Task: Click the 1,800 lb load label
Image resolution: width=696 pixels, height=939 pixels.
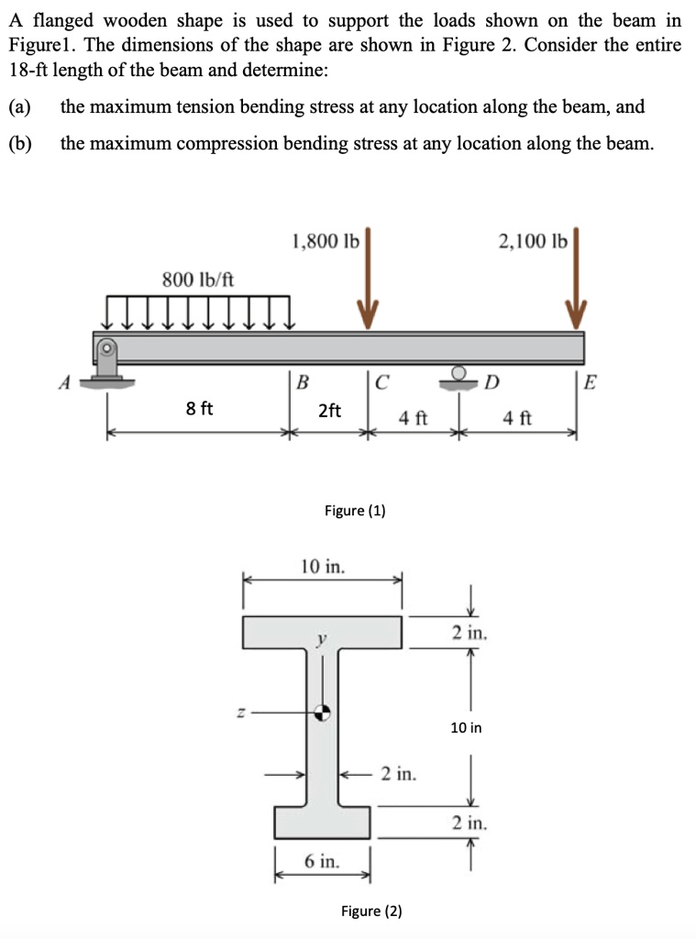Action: [x=325, y=242]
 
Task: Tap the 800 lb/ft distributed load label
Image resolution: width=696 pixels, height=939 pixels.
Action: [x=198, y=279]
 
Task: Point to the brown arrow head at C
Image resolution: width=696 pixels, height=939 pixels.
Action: [x=367, y=315]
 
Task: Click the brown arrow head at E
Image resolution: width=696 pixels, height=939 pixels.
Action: [x=576, y=315]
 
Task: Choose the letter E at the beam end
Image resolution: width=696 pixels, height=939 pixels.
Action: [x=590, y=381]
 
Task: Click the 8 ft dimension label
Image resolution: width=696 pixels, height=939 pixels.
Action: [x=199, y=409]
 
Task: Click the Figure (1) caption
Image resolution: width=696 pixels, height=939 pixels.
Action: [x=355, y=511]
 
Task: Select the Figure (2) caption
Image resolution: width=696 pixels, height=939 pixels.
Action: [x=371, y=911]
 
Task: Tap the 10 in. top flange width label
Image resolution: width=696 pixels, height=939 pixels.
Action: [x=324, y=567]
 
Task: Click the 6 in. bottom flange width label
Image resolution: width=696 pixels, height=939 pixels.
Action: [x=322, y=861]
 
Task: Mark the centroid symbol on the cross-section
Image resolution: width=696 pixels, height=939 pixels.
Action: [x=323, y=712]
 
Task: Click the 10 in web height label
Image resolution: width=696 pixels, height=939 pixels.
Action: [x=466, y=728]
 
